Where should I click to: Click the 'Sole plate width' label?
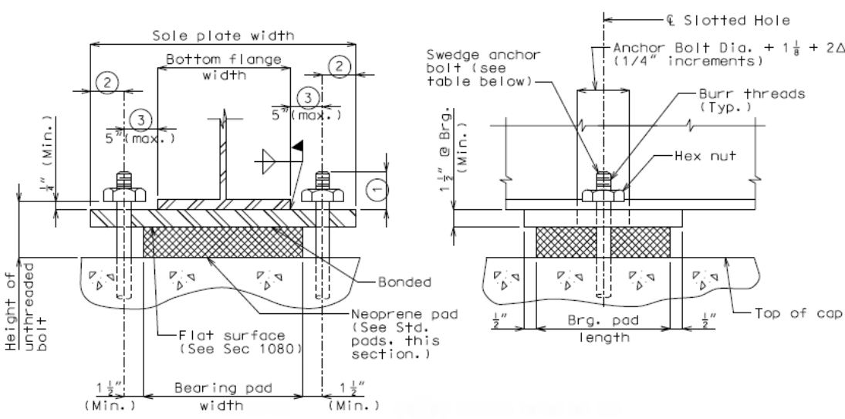click(223, 35)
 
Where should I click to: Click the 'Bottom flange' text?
click(223, 59)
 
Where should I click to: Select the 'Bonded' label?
click(404, 282)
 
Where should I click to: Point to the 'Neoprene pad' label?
click(404, 313)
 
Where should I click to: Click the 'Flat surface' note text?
click(232, 336)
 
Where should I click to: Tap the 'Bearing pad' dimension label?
click(223, 388)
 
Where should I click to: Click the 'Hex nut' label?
click(705, 156)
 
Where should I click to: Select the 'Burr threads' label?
click(752, 93)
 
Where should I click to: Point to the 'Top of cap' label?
click(796, 313)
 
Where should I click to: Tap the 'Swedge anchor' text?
click(483, 55)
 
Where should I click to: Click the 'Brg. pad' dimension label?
click(603, 321)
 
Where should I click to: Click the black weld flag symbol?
click(297, 146)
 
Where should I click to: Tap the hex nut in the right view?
click(603, 195)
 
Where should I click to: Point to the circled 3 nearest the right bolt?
click(308, 98)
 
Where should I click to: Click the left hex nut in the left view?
click(124, 195)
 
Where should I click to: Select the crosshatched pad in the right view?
click(603, 242)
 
